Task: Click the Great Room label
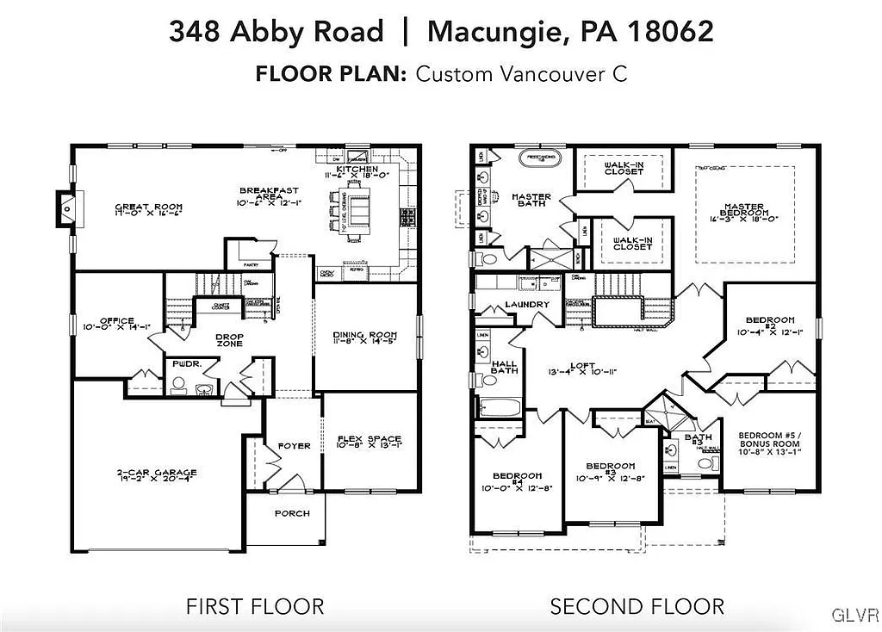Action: point(146,207)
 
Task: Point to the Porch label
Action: point(292,513)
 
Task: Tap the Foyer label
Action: point(294,446)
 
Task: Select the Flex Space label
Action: point(369,439)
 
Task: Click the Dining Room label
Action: point(364,335)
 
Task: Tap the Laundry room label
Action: point(527,305)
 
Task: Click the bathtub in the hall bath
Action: point(500,406)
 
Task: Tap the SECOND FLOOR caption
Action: point(637,606)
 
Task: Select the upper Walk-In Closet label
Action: point(624,167)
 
